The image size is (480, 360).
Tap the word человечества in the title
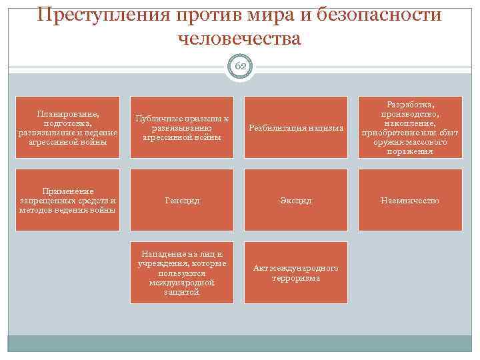tap(240, 39)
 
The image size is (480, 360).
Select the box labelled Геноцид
tap(182, 200)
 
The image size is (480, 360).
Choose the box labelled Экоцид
tap(296, 200)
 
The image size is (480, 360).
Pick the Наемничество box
tap(410, 200)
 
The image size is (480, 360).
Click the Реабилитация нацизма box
tap(296, 127)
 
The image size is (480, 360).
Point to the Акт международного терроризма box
tap(296, 273)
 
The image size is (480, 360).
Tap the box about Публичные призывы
tap(182, 127)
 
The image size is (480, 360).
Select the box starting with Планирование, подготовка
tap(68, 127)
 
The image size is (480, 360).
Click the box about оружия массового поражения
tap(410, 127)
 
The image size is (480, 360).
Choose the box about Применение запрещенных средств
tap(68, 200)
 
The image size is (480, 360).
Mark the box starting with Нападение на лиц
tap(182, 273)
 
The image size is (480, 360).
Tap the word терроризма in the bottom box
tap(296, 278)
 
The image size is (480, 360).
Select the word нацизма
tap(327, 128)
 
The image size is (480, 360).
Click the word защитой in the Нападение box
tap(181, 292)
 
